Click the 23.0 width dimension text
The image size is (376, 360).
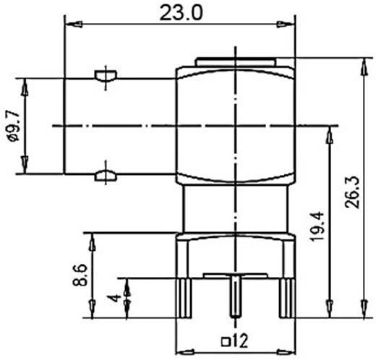pyautogui.click(x=180, y=12)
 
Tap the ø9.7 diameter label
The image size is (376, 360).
pyautogui.click(x=12, y=124)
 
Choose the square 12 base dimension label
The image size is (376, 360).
pyautogui.click(x=235, y=340)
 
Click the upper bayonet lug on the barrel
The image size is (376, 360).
pyautogui.click(x=104, y=75)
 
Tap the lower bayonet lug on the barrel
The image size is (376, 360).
pyautogui.click(x=104, y=173)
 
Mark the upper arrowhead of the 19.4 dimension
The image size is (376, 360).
pyautogui.click(x=330, y=133)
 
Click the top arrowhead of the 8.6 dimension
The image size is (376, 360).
pyautogui.click(x=92, y=239)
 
